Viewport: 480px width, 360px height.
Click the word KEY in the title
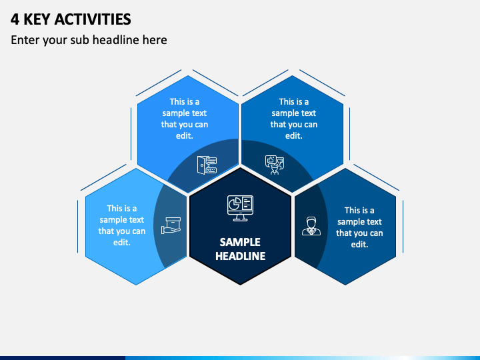37,19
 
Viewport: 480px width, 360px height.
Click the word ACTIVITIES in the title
93,19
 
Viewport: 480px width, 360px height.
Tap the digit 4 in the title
15,19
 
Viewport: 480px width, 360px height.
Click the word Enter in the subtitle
25,40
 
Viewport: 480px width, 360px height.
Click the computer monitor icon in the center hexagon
240,208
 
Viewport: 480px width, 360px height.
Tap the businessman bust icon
311,226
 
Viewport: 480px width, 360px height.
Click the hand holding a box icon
171,225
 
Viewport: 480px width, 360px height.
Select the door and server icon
207,165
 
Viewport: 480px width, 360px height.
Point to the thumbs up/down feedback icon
275,165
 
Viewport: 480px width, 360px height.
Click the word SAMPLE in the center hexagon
240,242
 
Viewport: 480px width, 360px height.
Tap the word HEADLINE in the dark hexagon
240,256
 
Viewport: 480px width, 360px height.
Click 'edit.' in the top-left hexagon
184,135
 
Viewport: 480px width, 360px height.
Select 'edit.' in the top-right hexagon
293,135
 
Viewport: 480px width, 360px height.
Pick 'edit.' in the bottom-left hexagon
122,243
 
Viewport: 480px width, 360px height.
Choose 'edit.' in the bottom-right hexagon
359,244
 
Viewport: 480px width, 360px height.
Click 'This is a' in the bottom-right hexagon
359,210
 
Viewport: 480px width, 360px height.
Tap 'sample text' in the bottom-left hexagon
122,220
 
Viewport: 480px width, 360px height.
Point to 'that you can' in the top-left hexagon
184,124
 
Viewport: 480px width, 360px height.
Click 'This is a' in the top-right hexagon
293,101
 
